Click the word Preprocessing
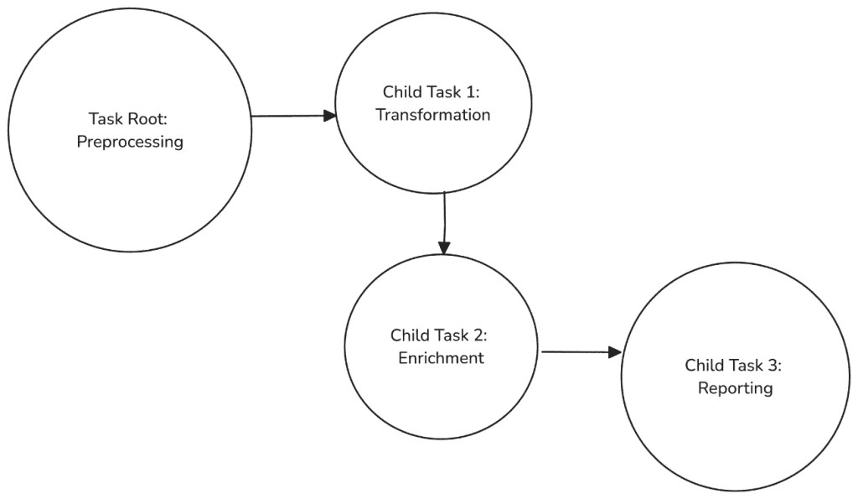(130, 142)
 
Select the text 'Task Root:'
(129, 118)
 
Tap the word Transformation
(432, 115)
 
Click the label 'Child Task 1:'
(432, 91)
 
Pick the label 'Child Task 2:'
(439, 335)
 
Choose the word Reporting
(735, 388)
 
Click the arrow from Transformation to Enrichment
(444, 222)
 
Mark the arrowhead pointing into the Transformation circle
(330, 116)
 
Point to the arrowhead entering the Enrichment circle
(444, 249)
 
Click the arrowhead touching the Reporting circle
(616, 352)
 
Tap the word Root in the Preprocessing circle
(148, 118)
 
